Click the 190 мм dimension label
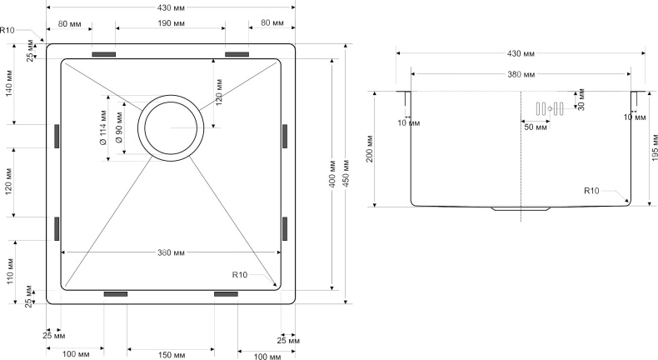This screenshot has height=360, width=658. (170, 22)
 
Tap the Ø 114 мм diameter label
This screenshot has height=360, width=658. (102, 128)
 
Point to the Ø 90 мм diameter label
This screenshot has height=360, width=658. (119, 129)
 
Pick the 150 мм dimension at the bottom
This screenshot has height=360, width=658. (171, 355)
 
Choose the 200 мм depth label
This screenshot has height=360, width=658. (367, 147)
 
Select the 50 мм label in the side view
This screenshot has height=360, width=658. (535, 127)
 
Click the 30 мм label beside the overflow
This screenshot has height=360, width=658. (581, 101)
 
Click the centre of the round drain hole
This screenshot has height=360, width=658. (172, 127)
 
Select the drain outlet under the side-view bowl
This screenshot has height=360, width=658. (521, 208)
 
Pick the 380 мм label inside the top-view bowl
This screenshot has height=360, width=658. (170, 252)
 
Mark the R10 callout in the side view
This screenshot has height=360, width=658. (591, 191)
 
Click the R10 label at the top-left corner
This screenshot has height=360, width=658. (7, 30)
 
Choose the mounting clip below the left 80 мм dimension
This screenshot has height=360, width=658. (103, 55)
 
